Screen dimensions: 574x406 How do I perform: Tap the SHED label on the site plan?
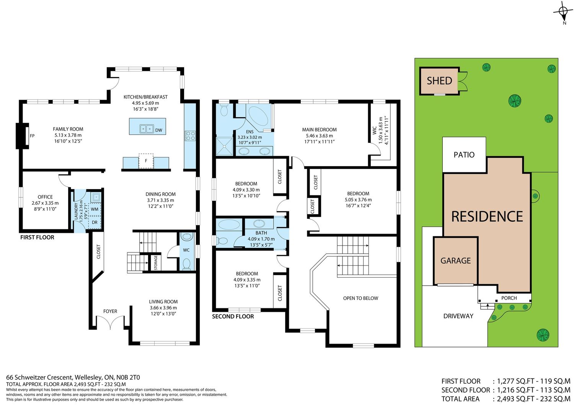coord(439,81)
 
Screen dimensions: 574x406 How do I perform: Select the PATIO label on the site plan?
coord(464,155)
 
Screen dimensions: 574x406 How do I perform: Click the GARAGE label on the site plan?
coord(456,260)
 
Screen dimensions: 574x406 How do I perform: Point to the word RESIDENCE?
coord(487,216)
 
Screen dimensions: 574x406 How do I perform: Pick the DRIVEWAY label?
coord(458,316)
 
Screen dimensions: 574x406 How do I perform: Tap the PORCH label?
coord(509,298)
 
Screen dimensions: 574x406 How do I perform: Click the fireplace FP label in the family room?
coord(32,136)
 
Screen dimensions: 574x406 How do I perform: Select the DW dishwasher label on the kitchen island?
coord(159,130)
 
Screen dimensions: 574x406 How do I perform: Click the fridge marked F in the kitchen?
coord(146,161)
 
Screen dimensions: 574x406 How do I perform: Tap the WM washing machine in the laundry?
coord(95,209)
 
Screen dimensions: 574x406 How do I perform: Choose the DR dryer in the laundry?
coord(95,223)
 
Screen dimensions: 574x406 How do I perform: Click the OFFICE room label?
coord(45,197)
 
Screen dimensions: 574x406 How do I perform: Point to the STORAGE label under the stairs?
coord(155,263)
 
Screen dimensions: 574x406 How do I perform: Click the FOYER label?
coord(110,311)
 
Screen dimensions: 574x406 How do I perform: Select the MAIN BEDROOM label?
coord(319,129)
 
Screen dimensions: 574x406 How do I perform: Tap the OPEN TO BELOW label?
coord(360,298)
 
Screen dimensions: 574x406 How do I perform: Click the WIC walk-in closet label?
coord(375,130)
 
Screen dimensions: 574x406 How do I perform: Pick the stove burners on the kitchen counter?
coord(191,136)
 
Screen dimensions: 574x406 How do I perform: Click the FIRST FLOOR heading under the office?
coord(37,237)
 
